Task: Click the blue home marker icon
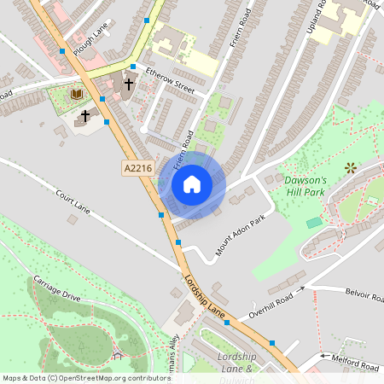point(192,183)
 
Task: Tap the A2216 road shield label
point(137,169)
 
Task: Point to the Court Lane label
point(73,201)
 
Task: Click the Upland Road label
point(322,16)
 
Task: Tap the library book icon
point(77,93)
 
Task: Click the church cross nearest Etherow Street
point(130,84)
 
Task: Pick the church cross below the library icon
point(84,114)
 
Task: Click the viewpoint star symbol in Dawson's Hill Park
point(350,168)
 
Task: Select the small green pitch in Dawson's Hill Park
point(315,222)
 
